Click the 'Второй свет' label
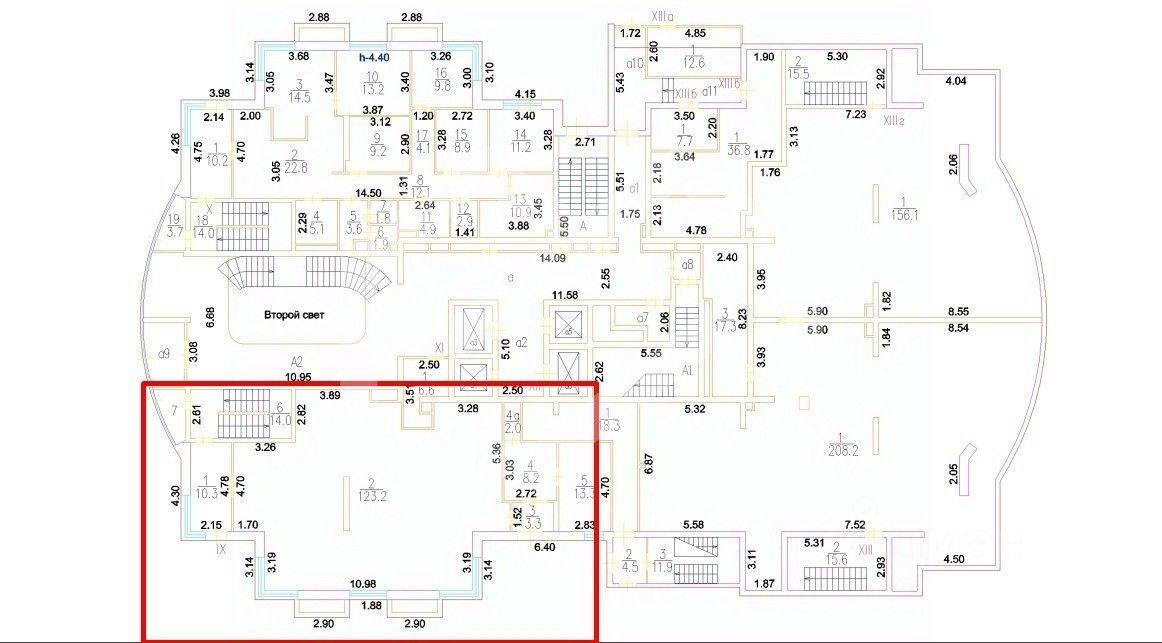click(x=295, y=314)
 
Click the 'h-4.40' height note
click(x=378, y=58)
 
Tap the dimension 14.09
click(x=552, y=257)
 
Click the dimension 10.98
click(x=361, y=583)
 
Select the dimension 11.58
click(x=566, y=296)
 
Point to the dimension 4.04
click(x=955, y=81)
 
